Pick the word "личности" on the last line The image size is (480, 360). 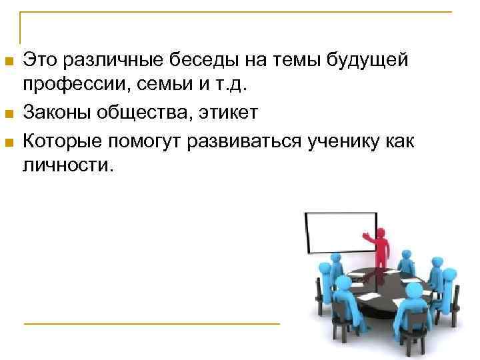pos(65,164)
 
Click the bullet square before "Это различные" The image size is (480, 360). pos(9,63)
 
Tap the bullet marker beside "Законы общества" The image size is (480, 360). pos(9,115)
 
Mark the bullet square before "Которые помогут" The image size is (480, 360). pos(9,141)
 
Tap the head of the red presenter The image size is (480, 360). pos(381,231)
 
